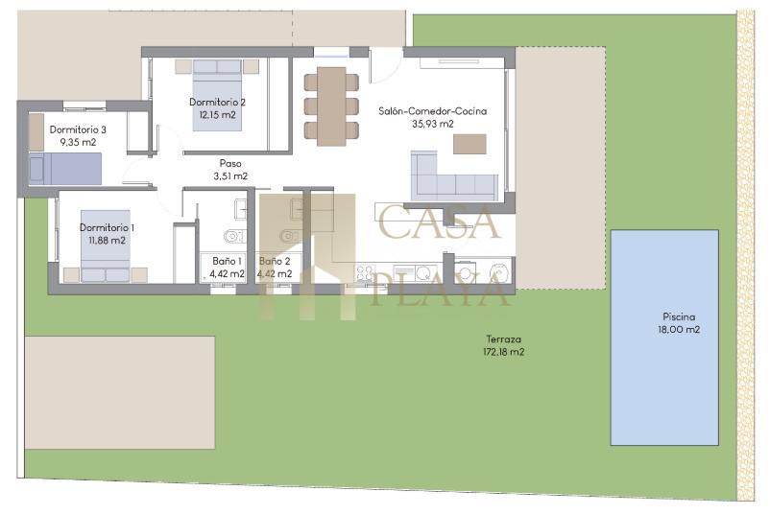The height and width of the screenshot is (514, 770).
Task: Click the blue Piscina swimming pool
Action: point(664,338)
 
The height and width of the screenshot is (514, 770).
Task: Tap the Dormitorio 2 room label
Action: point(217,102)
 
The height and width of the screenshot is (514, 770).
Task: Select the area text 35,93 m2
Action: point(433,124)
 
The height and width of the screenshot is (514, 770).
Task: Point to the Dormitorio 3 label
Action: point(78,129)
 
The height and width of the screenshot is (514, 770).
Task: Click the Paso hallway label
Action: point(230,163)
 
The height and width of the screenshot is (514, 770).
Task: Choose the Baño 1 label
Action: point(227,261)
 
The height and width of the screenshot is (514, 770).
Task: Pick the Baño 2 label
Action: point(275,261)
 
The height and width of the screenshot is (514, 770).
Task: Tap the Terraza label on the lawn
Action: point(503,339)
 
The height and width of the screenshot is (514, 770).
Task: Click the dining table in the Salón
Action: point(331,106)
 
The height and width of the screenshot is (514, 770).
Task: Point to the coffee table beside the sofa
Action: point(469,144)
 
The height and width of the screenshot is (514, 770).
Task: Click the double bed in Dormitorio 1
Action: point(106,246)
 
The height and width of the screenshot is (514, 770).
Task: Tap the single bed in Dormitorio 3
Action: point(65,169)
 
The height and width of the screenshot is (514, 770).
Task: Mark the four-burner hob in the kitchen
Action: point(365,273)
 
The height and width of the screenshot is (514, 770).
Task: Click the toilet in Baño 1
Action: point(234,237)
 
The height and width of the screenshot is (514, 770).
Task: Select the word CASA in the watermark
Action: point(439,222)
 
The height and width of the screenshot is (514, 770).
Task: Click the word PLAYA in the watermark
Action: point(440,290)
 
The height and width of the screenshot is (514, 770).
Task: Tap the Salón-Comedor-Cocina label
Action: point(433,111)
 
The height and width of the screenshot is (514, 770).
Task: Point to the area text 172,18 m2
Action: point(504,352)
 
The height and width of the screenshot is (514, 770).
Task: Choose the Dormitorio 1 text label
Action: point(107,227)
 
